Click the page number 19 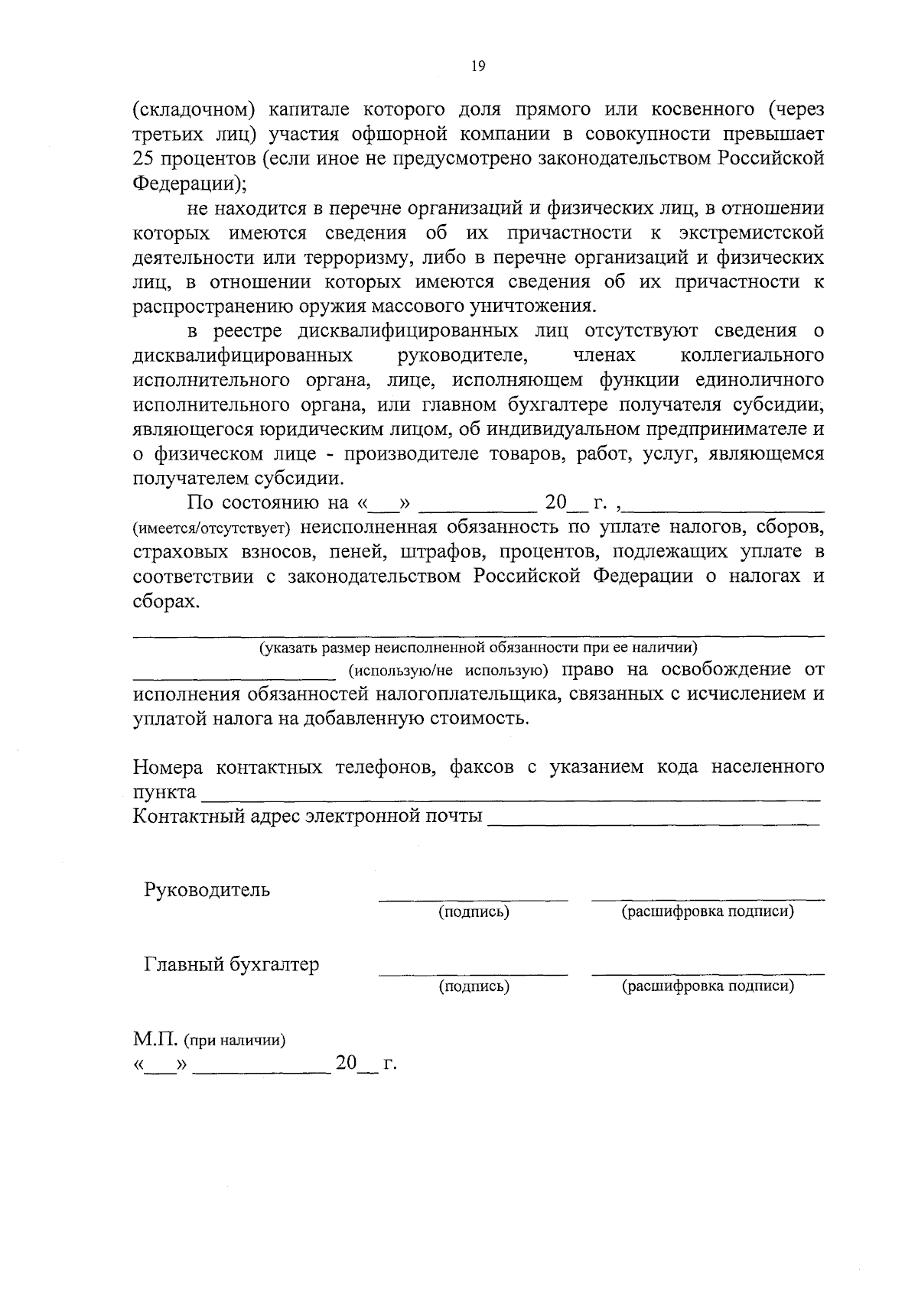[478, 67]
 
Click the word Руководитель [207, 890]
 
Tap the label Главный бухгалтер [231, 964]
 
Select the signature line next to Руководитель [474, 898]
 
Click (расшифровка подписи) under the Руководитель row [708, 911]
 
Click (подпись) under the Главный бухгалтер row [474, 986]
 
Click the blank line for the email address [653, 821]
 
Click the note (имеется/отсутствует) [212, 528]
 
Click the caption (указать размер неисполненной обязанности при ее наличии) [478, 648]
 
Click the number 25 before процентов [145, 159]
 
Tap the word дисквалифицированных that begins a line [243, 356]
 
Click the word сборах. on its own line [166, 601]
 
